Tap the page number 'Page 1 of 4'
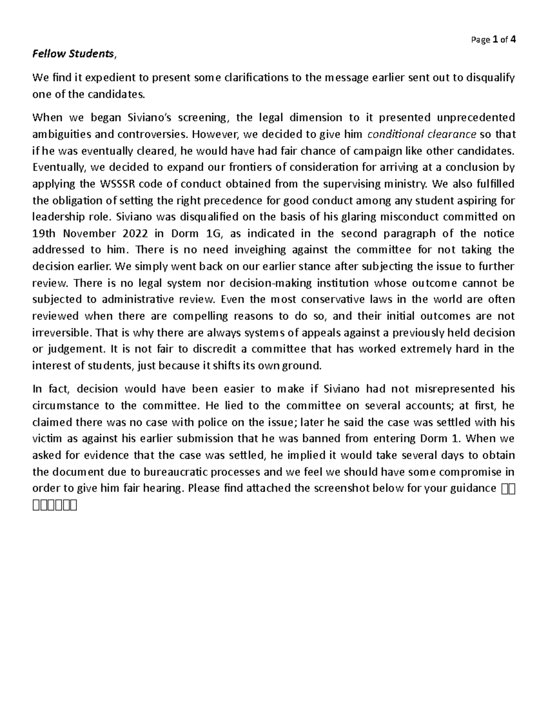493,40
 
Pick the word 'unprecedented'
476,118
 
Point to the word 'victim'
47,439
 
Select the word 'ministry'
409,184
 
